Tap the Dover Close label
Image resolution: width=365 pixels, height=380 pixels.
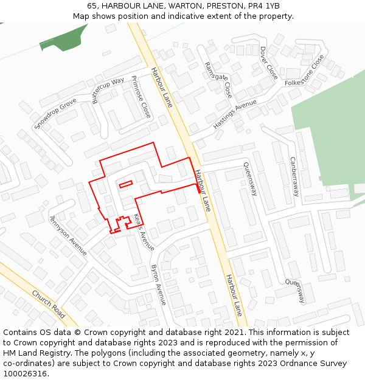pyautogui.click(x=268, y=63)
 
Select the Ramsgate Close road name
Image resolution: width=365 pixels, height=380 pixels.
pyautogui.click(x=218, y=80)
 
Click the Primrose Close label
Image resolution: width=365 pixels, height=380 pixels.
pyautogui.click(x=141, y=97)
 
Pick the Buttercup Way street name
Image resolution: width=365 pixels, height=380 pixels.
pyautogui.click(x=108, y=90)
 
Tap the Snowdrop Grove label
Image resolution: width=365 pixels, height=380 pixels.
pyautogui.click(x=55, y=113)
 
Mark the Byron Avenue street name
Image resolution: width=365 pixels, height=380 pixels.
pyautogui.click(x=158, y=285)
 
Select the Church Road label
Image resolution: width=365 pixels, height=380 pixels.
pyautogui.click(x=49, y=303)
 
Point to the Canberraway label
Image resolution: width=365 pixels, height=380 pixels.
pyautogui.click(x=294, y=176)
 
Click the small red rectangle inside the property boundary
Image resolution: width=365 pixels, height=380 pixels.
pyautogui.click(x=125, y=184)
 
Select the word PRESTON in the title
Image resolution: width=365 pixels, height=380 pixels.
pyautogui.click(x=224, y=6)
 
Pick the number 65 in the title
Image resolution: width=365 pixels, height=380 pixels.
pyautogui.click(x=92, y=6)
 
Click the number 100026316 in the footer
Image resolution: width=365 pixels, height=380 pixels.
pyautogui.click(x=25, y=374)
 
